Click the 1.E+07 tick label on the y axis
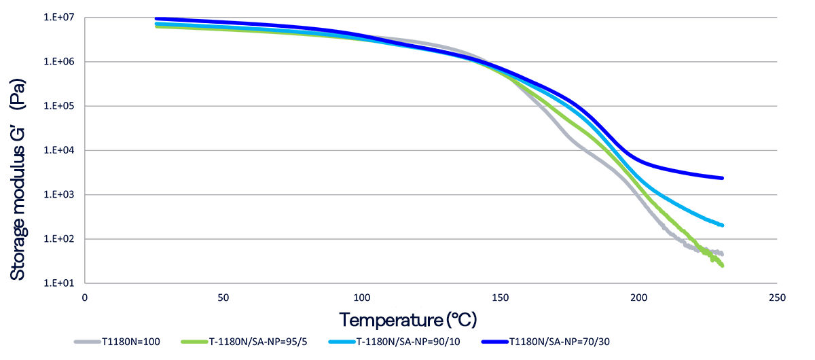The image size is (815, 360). [60, 17]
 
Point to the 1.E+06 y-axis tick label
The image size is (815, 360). [60, 62]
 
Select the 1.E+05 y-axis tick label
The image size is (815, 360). [60, 106]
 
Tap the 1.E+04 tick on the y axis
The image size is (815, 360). [60, 150]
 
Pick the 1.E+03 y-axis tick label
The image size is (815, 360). [60, 195]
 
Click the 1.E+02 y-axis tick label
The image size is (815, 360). [60, 239]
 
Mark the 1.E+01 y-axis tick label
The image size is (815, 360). [60, 283]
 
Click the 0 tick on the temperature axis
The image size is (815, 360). [85, 298]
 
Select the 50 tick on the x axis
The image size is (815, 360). [223, 298]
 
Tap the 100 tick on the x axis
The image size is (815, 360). [361, 298]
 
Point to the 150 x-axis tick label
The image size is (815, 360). [500, 298]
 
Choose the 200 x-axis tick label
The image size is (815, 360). [638, 298]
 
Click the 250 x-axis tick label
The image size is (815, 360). [777, 298]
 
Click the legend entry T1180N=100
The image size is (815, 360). [132, 342]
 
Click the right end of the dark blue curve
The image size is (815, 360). [722, 178]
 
